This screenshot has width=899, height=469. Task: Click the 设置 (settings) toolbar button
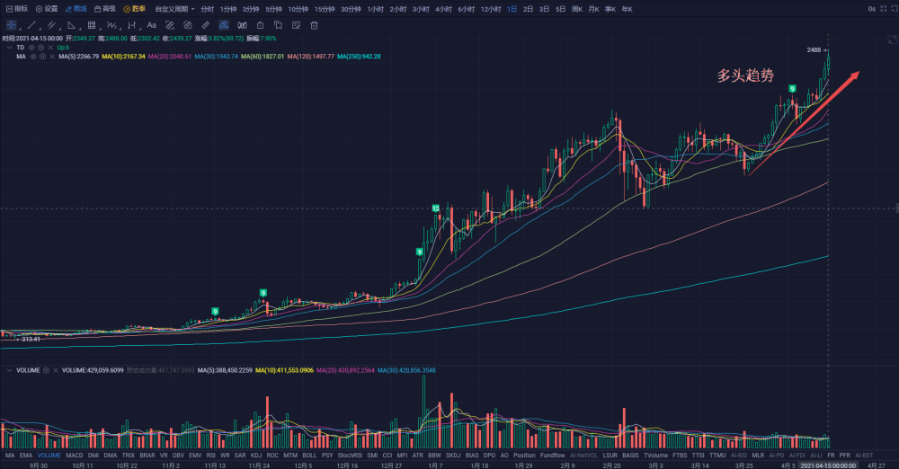(47, 8)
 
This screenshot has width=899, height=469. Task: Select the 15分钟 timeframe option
(325, 8)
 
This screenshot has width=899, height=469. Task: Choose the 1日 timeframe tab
(512, 8)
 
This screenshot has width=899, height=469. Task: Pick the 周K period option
(577, 8)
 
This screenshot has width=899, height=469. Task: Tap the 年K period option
(627, 8)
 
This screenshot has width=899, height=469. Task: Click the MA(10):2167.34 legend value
(123, 57)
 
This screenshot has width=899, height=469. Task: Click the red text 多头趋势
(745, 76)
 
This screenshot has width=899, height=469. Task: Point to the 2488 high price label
(814, 49)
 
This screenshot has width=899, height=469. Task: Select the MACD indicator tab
(75, 456)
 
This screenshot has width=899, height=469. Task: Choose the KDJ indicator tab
(255, 456)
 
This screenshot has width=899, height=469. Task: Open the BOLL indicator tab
(309, 456)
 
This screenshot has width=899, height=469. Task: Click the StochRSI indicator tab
(351, 456)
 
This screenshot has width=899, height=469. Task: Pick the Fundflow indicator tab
(553, 456)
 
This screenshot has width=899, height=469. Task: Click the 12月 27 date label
(392, 465)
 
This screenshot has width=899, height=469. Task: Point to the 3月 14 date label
(699, 465)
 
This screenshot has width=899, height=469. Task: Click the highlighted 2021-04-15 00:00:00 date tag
(828, 465)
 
